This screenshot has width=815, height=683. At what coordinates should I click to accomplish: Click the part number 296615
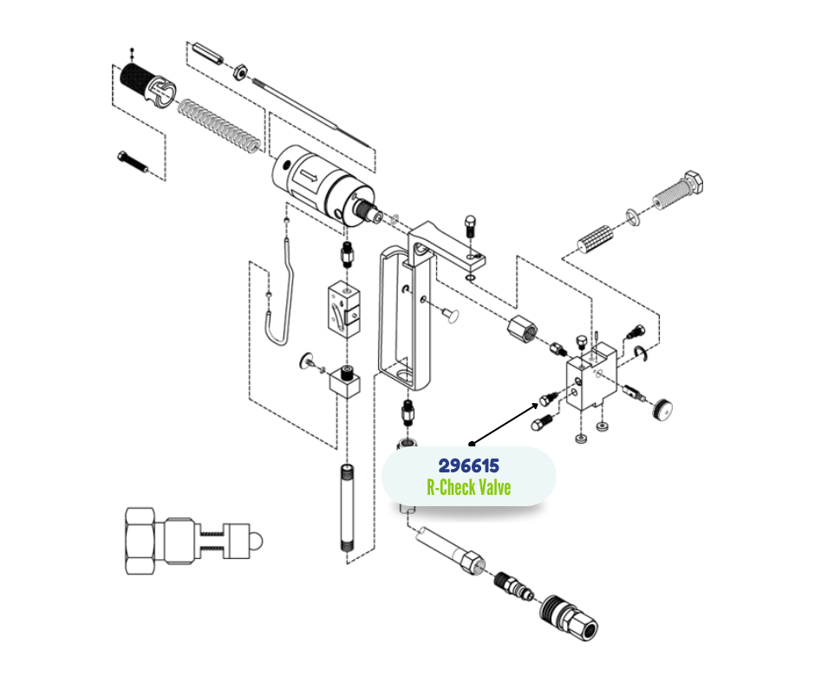[468, 465]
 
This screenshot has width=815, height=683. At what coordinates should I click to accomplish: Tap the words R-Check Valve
[468, 487]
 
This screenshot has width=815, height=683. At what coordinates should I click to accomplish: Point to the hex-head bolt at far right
[681, 193]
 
